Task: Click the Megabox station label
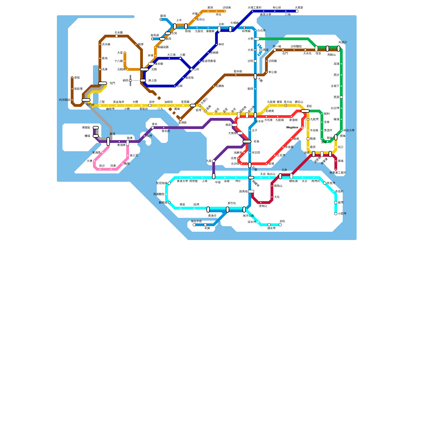tap(292, 128)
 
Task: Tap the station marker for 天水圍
tap(117, 36)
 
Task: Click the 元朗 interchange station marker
tap(144, 69)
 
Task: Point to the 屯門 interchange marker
tap(103, 83)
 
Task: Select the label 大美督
tap(299, 8)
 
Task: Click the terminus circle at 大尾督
tap(297, 11)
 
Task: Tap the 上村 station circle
tap(191, 69)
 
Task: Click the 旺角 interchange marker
tap(247, 142)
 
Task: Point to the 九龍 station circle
tap(214, 161)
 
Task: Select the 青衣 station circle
tap(153, 128)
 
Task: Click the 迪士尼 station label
tap(134, 155)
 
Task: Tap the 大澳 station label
tap(89, 161)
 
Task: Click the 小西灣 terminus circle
tap(336, 214)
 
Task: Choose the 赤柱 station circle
tap(280, 225)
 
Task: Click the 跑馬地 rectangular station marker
tap(251, 191)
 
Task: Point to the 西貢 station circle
tap(341, 97)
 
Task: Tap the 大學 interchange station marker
tap(257, 39)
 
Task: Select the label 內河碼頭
tap(64, 100)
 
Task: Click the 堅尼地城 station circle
tap(169, 183)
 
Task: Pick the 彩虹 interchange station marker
tap(305, 111)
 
